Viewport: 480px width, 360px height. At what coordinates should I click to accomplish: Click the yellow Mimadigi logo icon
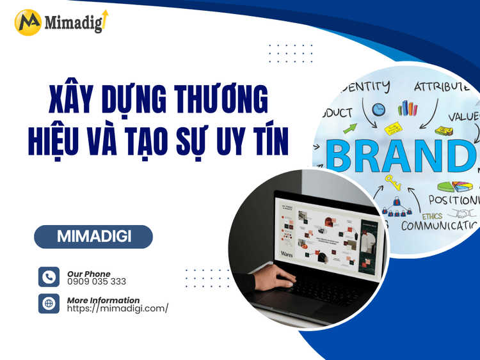pos(28,22)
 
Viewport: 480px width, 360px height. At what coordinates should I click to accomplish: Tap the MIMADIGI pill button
pos(93,237)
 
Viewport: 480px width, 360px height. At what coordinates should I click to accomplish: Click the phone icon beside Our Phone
pos(49,277)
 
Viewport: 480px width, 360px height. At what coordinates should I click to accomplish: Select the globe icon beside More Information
pos(49,303)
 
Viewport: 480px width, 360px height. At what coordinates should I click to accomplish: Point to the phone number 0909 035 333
pos(97,281)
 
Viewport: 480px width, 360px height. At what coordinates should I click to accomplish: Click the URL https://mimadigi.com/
pos(118,308)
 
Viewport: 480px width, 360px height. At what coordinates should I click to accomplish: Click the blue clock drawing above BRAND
pos(379,109)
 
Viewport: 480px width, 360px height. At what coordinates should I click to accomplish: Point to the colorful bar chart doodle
pos(407,109)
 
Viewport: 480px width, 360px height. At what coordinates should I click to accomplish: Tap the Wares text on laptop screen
pos(287,254)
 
